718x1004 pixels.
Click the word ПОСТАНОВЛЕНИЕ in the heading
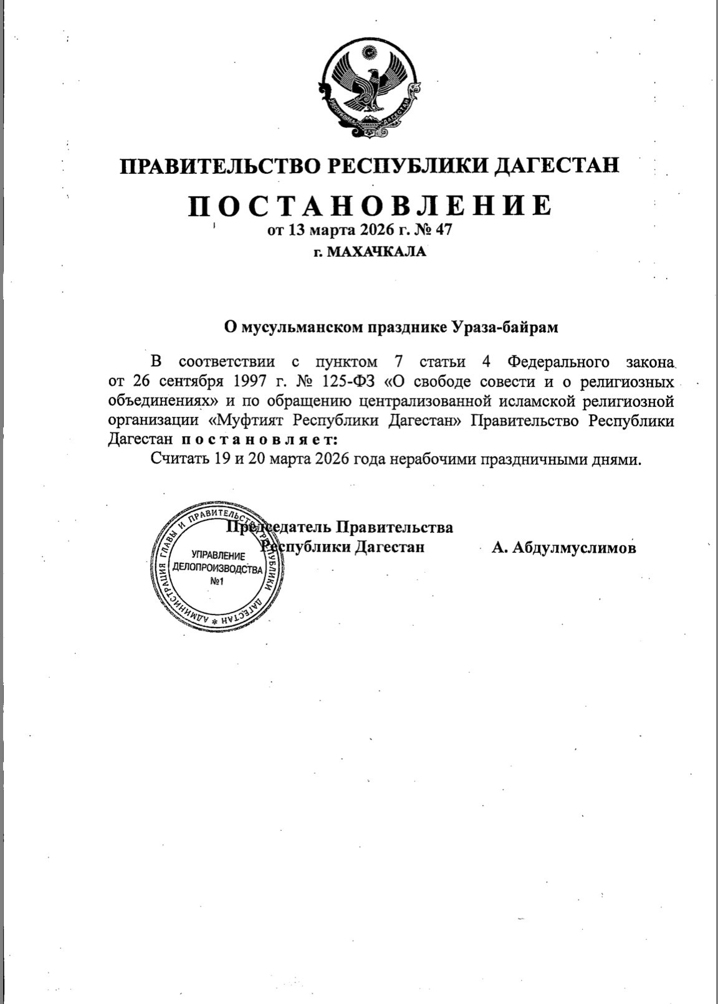[370, 205]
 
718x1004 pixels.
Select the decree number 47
[443, 230]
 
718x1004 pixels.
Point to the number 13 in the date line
[296, 230]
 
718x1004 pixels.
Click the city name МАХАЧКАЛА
[377, 252]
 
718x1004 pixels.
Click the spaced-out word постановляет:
[259, 439]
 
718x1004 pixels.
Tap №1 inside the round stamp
[217, 581]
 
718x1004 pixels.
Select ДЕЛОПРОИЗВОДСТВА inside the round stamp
[217, 568]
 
